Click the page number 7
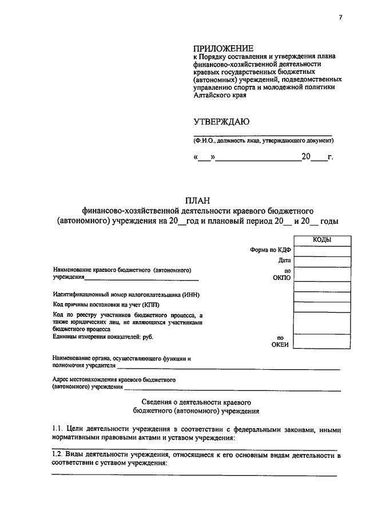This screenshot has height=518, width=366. tap(340, 18)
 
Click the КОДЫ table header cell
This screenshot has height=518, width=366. tap(321, 240)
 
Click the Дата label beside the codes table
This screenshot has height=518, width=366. tap(285, 260)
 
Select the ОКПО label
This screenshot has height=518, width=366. tap(283, 278)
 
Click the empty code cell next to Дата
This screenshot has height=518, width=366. tap(321, 262)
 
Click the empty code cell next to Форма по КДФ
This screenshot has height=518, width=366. tap(321, 251)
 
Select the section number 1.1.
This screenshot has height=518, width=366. tap(57, 429)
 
